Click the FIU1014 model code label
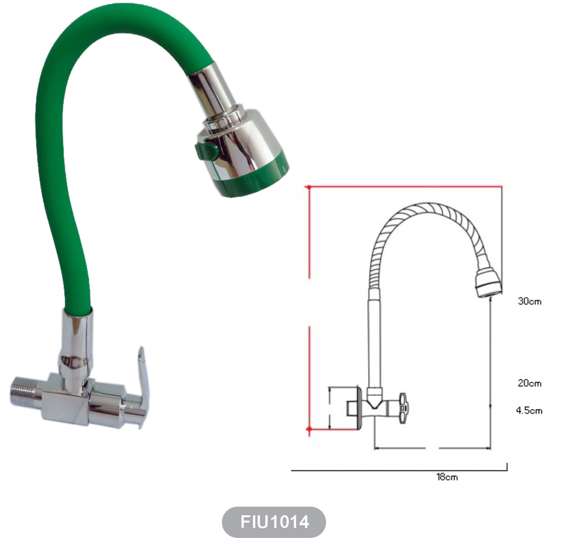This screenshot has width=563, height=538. click(x=274, y=522)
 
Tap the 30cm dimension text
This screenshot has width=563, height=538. click(x=529, y=302)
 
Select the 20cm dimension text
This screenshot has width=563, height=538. click(x=529, y=383)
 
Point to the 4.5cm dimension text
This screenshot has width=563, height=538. click(x=529, y=411)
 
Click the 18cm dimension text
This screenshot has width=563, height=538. click(x=447, y=477)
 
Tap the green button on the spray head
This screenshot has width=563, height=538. click(x=206, y=151)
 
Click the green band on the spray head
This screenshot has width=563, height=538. click(x=252, y=178)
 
